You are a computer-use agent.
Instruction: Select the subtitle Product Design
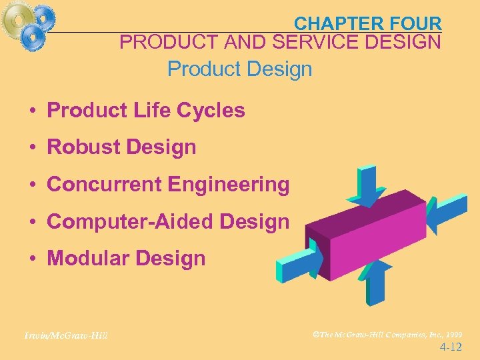(239, 69)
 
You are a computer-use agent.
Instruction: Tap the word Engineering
(229, 184)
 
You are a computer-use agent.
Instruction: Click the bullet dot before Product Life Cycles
(32, 111)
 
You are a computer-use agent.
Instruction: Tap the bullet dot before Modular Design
(32, 259)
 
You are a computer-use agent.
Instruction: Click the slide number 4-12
(451, 347)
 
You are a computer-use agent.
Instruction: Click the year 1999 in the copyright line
(453, 334)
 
